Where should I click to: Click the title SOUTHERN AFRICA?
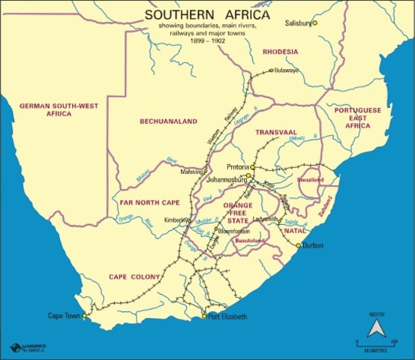[206, 14]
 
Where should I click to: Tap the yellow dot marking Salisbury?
[315, 23]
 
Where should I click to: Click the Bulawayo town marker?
[272, 70]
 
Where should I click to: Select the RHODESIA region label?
[280, 52]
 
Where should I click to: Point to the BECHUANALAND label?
[168, 121]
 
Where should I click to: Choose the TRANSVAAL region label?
[276, 132]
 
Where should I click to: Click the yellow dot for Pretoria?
[254, 166]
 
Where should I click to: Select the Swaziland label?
[310, 181]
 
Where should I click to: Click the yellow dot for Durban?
[298, 245]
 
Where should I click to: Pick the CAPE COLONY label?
[134, 277]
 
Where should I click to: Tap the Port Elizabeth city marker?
[204, 316]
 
